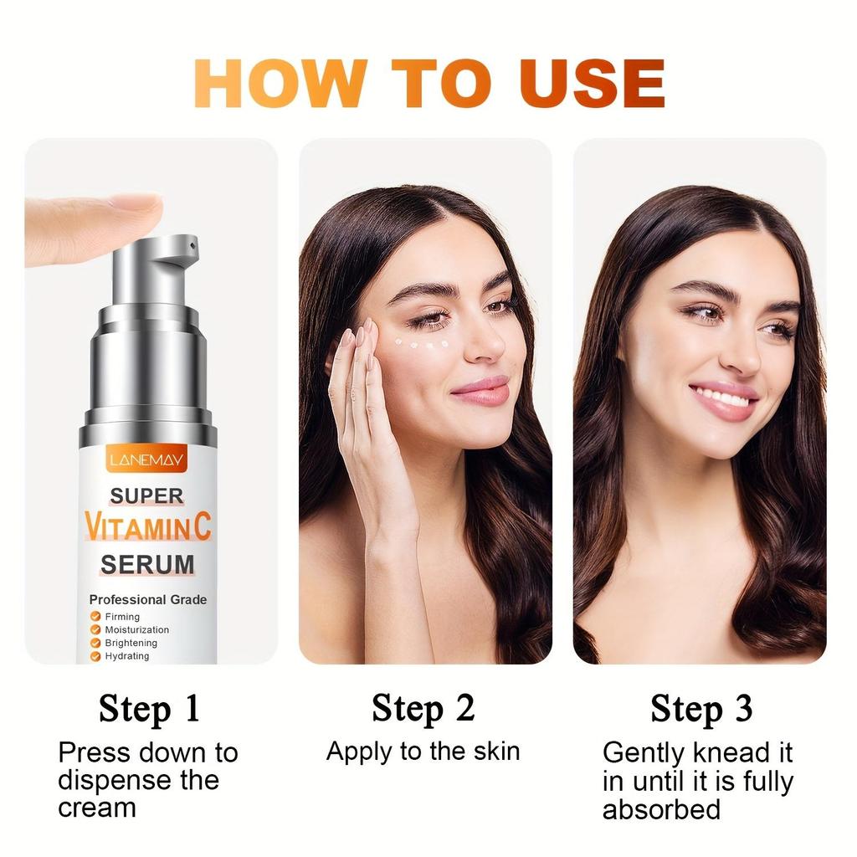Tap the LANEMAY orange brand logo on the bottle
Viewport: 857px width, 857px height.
coord(147,459)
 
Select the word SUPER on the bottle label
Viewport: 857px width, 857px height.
coord(146,496)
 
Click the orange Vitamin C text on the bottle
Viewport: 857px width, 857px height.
coord(148,528)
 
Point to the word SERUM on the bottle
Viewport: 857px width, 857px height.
coord(147,565)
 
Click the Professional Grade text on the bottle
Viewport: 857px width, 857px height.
coord(148,599)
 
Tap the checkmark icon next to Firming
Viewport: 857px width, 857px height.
coord(96,617)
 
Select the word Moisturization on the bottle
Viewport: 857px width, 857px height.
coord(136,629)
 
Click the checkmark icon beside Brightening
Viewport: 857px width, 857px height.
coord(96,643)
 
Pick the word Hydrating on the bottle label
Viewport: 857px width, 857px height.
coord(127,656)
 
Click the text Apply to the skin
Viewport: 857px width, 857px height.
coord(423,751)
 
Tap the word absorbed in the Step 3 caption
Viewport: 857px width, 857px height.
coord(661,809)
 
